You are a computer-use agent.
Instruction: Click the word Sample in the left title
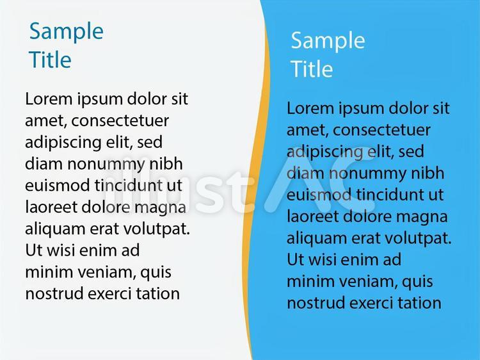[x=67, y=31]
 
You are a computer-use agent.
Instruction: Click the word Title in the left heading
[x=50, y=60]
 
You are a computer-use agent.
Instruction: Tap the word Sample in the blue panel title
[x=328, y=41]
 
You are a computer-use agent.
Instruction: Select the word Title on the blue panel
[x=312, y=69]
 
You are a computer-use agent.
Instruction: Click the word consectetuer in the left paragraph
[x=120, y=120]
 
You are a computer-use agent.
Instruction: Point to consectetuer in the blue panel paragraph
[x=381, y=130]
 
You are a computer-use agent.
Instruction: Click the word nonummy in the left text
[x=106, y=165]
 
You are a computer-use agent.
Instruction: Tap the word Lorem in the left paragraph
[x=49, y=99]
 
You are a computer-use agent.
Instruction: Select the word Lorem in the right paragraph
[x=310, y=108]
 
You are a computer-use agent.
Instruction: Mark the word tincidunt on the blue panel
[x=388, y=195]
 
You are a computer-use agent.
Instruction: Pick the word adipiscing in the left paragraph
[x=59, y=143]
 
